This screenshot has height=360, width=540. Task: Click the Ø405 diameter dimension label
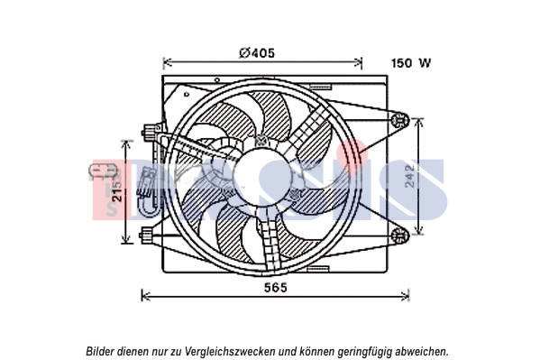[257, 53]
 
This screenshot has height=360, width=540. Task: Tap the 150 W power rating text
[411, 63]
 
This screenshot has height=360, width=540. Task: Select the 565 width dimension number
[276, 287]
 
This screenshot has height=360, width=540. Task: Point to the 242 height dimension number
[410, 176]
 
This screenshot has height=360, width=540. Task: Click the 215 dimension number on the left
[118, 190]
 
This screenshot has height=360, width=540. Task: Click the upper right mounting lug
[399, 120]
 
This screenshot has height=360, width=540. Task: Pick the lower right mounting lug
[399, 235]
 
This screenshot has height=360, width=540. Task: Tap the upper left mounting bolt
[149, 132]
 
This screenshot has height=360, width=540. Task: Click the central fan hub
[262, 177]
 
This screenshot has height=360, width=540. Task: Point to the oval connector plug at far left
[103, 171]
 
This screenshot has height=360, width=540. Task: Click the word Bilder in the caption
[100, 351]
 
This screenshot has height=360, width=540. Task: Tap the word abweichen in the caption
[422, 351]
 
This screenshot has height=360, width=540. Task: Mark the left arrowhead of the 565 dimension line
[145, 296]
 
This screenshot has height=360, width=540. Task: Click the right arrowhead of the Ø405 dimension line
[358, 62]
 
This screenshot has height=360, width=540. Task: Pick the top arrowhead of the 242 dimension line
[418, 122]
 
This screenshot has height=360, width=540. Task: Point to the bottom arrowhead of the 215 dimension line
[127, 238]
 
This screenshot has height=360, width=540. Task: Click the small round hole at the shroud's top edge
[217, 80]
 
